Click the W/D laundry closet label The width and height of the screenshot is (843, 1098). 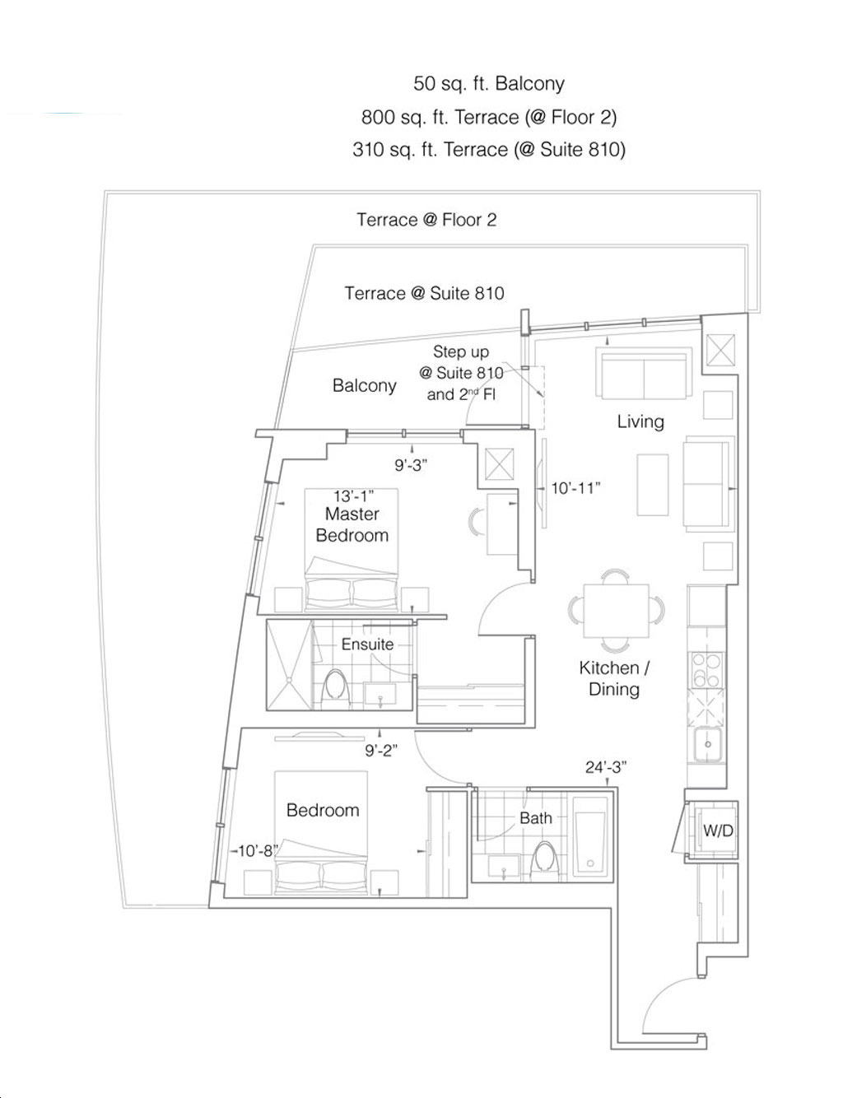[x=717, y=830]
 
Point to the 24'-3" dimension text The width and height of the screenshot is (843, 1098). [x=605, y=767]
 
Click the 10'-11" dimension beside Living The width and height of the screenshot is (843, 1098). [x=575, y=488]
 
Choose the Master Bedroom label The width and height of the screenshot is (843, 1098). [x=352, y=524]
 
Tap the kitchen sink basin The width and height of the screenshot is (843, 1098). [x=707, y=745]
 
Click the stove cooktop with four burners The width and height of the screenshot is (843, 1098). [x=706, y=670]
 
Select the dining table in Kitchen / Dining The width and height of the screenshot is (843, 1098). [x=616, y=611]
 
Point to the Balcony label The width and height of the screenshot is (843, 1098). [x=365, y=385]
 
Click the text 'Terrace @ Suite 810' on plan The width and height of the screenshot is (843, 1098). [x=425, y=293]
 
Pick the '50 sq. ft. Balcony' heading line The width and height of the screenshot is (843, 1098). [x=489, y=83]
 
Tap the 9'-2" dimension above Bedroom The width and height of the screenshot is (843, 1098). [x=381, y=751]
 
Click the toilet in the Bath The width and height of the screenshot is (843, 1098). [x=545, y=856]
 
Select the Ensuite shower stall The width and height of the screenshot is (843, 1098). [x=290, y=665]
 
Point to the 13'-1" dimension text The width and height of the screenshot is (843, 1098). [x=353, y=496]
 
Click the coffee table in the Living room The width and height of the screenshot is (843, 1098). [x=653, y=485]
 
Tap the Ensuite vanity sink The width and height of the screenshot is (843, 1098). [x=380, y=696]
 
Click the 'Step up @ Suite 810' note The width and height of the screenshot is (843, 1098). [x=461, y=362]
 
